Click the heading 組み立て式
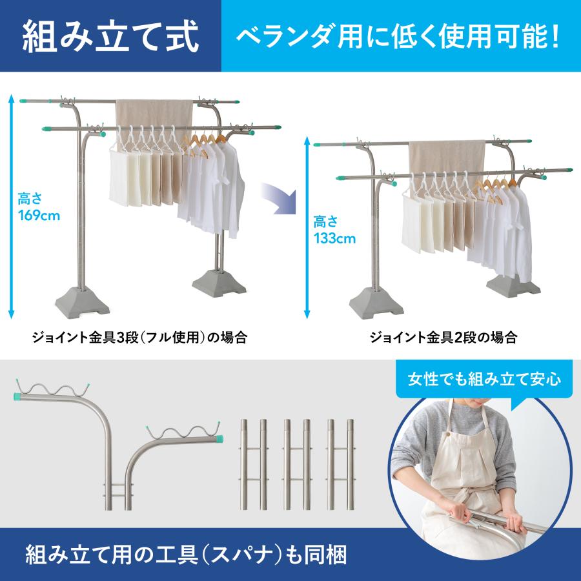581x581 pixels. tap(110, 36)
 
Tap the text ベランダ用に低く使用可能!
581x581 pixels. tap(400, 37)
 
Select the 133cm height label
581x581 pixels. tap(334, 230)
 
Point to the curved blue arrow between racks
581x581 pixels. tap(276, 198)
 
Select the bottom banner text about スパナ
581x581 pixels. tap(187, 553)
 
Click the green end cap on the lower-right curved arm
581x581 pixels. tap(221, 439)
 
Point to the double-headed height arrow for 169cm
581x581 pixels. tap(10, 207)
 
